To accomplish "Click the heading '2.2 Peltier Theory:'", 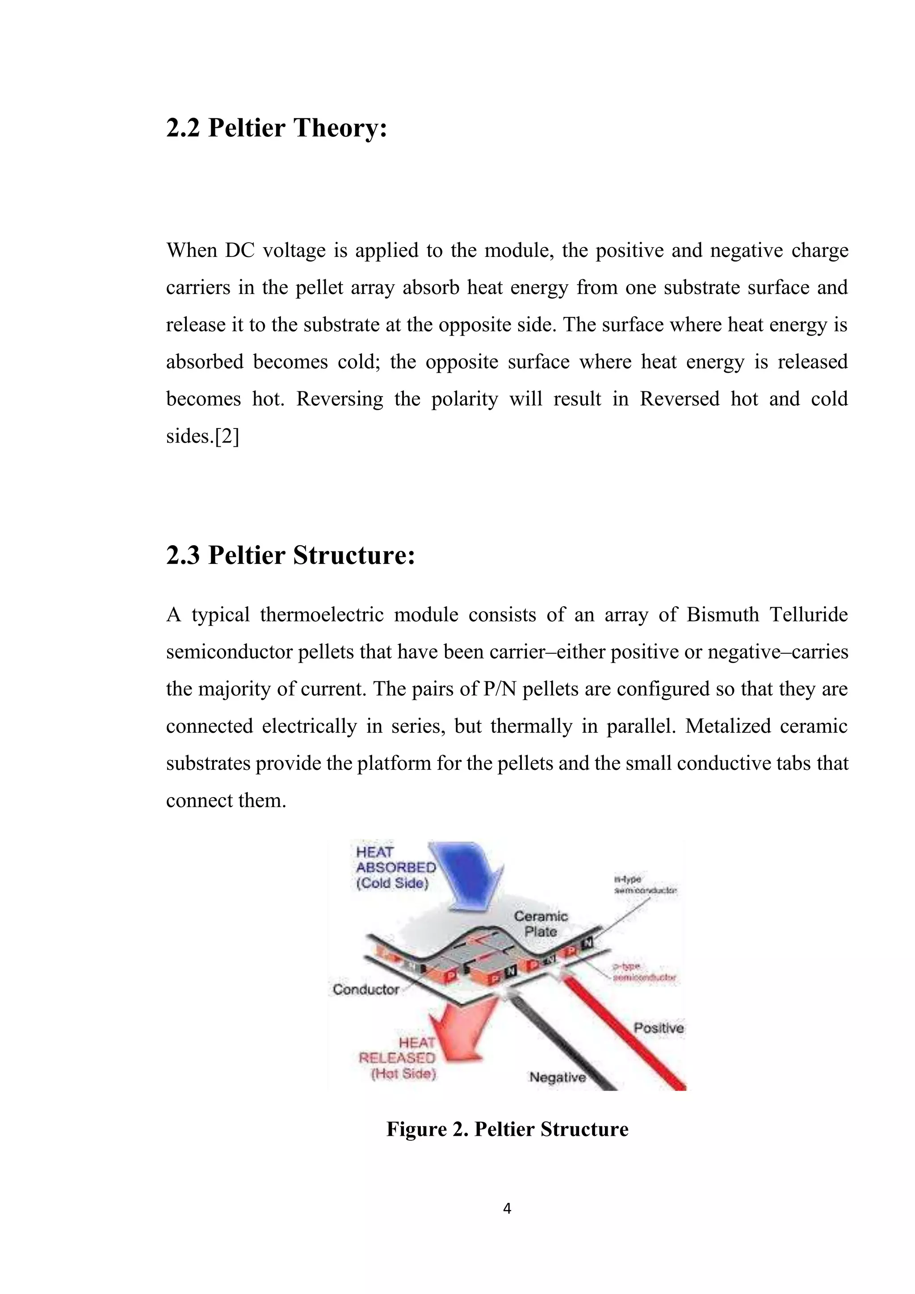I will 277,128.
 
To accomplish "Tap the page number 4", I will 507,1208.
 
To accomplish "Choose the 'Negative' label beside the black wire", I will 557,1077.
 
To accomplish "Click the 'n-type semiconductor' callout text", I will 644,885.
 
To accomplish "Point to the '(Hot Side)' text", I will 403,1074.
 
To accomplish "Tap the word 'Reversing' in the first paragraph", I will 339,399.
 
